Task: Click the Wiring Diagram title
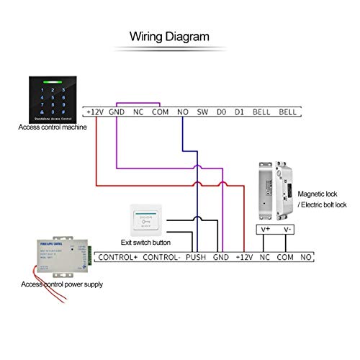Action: click(x=169, y=36)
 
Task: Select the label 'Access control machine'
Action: click(x=52, y=127)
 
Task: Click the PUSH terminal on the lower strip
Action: click(x=196, y=257)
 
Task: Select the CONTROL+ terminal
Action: click(x=116, y=257)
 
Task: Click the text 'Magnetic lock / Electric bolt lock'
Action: click(x=322, y=199)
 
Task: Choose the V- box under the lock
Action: click(x=287, y=230)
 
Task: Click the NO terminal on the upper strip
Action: click(x=182, y=112)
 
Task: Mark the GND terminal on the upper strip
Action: click(x=117, y=112)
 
